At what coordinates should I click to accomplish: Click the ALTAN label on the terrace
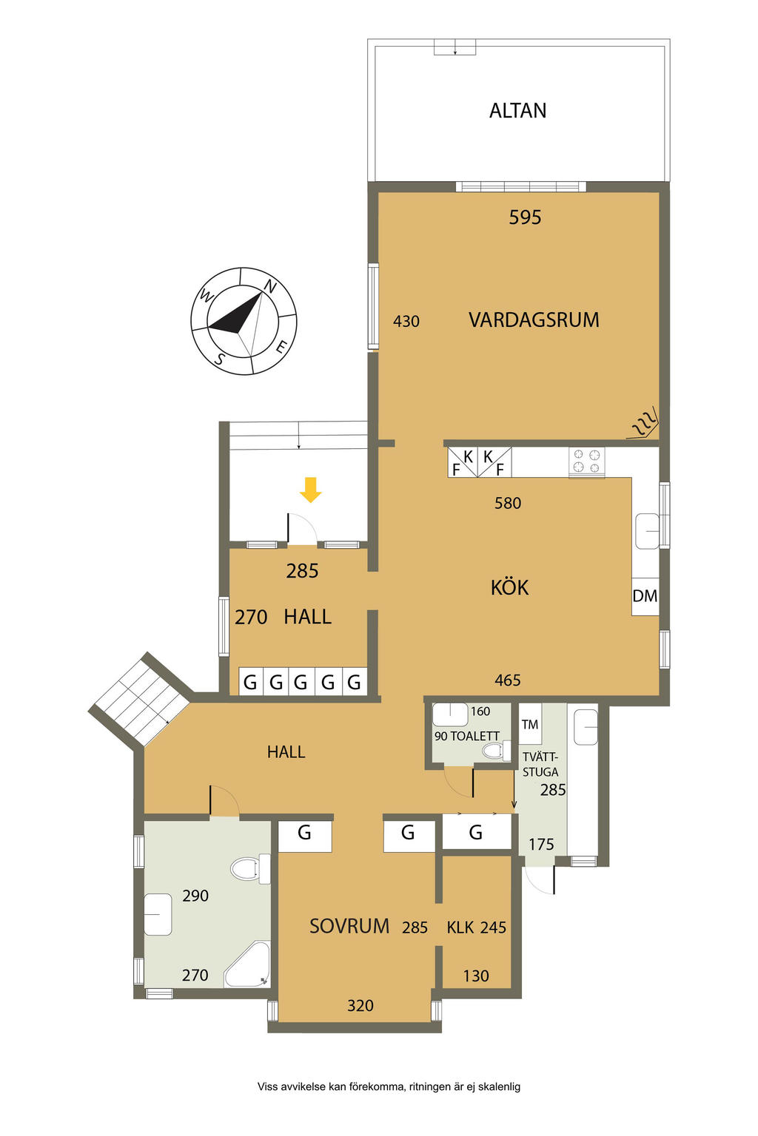[x=517, y=110]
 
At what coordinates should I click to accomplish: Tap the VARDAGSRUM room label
[x=534, y=320]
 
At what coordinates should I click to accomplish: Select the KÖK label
[x=510, y=586]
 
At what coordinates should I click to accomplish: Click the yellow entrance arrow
[x=309, y=490]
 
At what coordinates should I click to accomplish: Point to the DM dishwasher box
[x=645, y=596]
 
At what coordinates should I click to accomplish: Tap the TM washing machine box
[x=529, y=724]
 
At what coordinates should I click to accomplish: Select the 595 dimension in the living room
[x=525, y=217]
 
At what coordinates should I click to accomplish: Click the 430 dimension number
[x=406, y=321]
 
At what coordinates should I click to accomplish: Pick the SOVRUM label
[x=349, y=926]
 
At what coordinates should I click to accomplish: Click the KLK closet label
[x=460, y=927]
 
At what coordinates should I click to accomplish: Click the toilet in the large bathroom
[x=249, y=869]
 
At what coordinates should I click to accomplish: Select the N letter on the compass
[x=270, y=287]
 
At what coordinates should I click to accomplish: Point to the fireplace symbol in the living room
[x=643, y=422]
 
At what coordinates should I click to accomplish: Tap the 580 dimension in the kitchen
[x=508, y=503]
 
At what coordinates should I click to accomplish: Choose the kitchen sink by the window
[x=646, y=530]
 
